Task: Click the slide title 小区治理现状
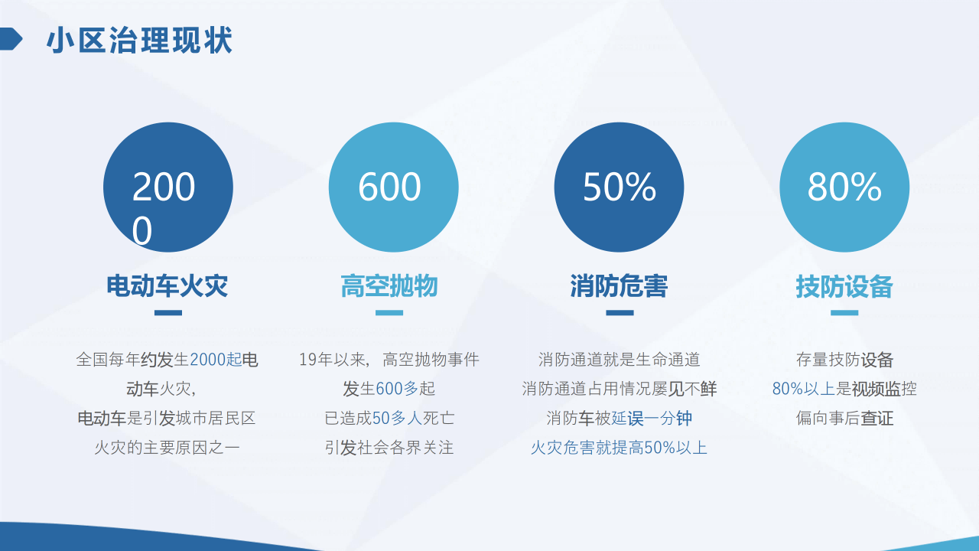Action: click(139, 41)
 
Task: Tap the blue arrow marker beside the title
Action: click(11, 39)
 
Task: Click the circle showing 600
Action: click(393, 187)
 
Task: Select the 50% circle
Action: click(619, 187)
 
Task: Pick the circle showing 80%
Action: click(844, 187)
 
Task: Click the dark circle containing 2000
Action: click(168, 187)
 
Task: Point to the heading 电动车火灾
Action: click(168, 286)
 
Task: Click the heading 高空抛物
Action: click(389, 286)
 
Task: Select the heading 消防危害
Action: click(619, 286)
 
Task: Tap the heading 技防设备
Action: click(844, 286)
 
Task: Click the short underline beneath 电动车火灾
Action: click(168, 313)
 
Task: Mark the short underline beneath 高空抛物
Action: click(389, 313)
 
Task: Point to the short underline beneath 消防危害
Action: click(620, 313)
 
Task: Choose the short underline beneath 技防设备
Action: click(844, 313)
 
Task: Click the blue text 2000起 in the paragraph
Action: click(216, 360)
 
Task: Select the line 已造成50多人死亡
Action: click(389, 419)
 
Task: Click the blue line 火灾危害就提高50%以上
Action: click(619, 448)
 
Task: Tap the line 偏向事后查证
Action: click(844, 419)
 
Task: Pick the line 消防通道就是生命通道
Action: click(619, 360)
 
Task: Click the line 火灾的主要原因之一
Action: click(168, 448)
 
